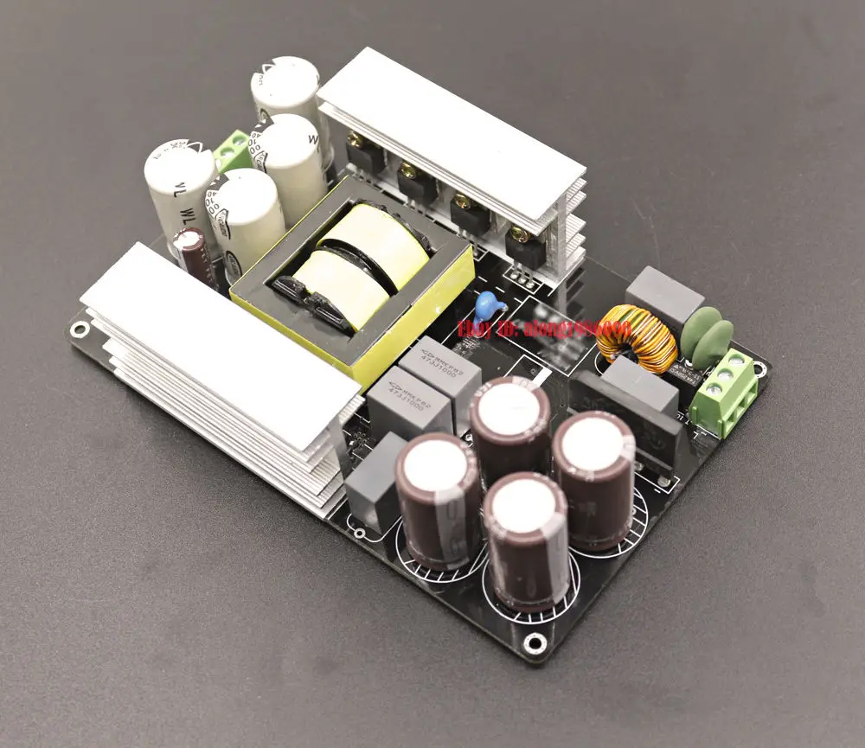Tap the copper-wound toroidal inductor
click(636, 339)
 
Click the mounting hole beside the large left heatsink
click(79, 329)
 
